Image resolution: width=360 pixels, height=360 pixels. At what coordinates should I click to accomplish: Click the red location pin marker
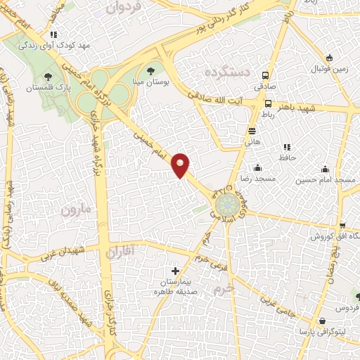click(x=181, y=165)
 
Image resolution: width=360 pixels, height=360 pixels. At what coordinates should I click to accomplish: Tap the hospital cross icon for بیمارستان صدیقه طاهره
click(x=176, y=271)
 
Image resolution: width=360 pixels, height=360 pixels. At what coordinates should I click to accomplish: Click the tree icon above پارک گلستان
click(x=48, y=77)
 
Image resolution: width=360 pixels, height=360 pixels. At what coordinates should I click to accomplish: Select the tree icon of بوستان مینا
click(x=150, y=70)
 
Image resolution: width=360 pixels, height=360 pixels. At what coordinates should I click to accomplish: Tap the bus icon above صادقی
click(x=266, y=75)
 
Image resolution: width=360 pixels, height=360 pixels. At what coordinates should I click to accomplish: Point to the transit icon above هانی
click(x=252, y=131)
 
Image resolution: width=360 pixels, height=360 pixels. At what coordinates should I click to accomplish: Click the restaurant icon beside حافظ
click(x=286, y=147)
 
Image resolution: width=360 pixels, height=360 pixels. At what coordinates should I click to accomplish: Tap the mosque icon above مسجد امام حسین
click(x=325, y=169)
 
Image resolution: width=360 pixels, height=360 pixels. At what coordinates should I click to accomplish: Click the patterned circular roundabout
click(x=227, y=206)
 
